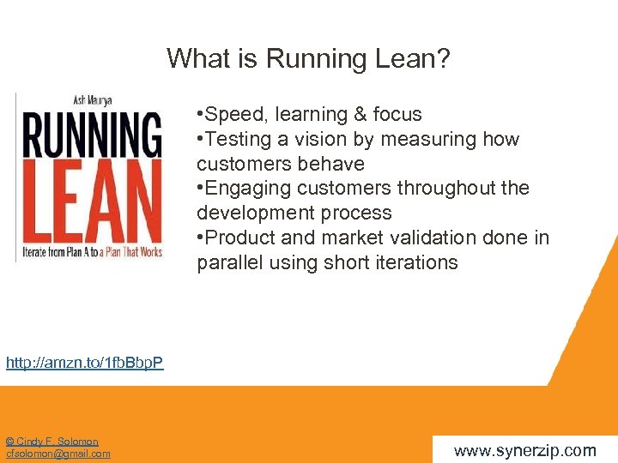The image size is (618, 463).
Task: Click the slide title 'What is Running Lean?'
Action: click(308, 58)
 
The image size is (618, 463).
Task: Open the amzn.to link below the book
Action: click(84, 363)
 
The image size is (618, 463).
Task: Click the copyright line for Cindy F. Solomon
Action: click(51, 442)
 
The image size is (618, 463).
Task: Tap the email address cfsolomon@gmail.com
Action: click(58, 454)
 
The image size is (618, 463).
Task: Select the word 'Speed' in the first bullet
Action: click(228, 115)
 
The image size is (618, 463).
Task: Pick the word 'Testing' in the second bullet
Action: click(233, 139)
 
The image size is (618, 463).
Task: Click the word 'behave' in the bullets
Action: click(333, 164)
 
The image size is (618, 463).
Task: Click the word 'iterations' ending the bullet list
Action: click(415, 262)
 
